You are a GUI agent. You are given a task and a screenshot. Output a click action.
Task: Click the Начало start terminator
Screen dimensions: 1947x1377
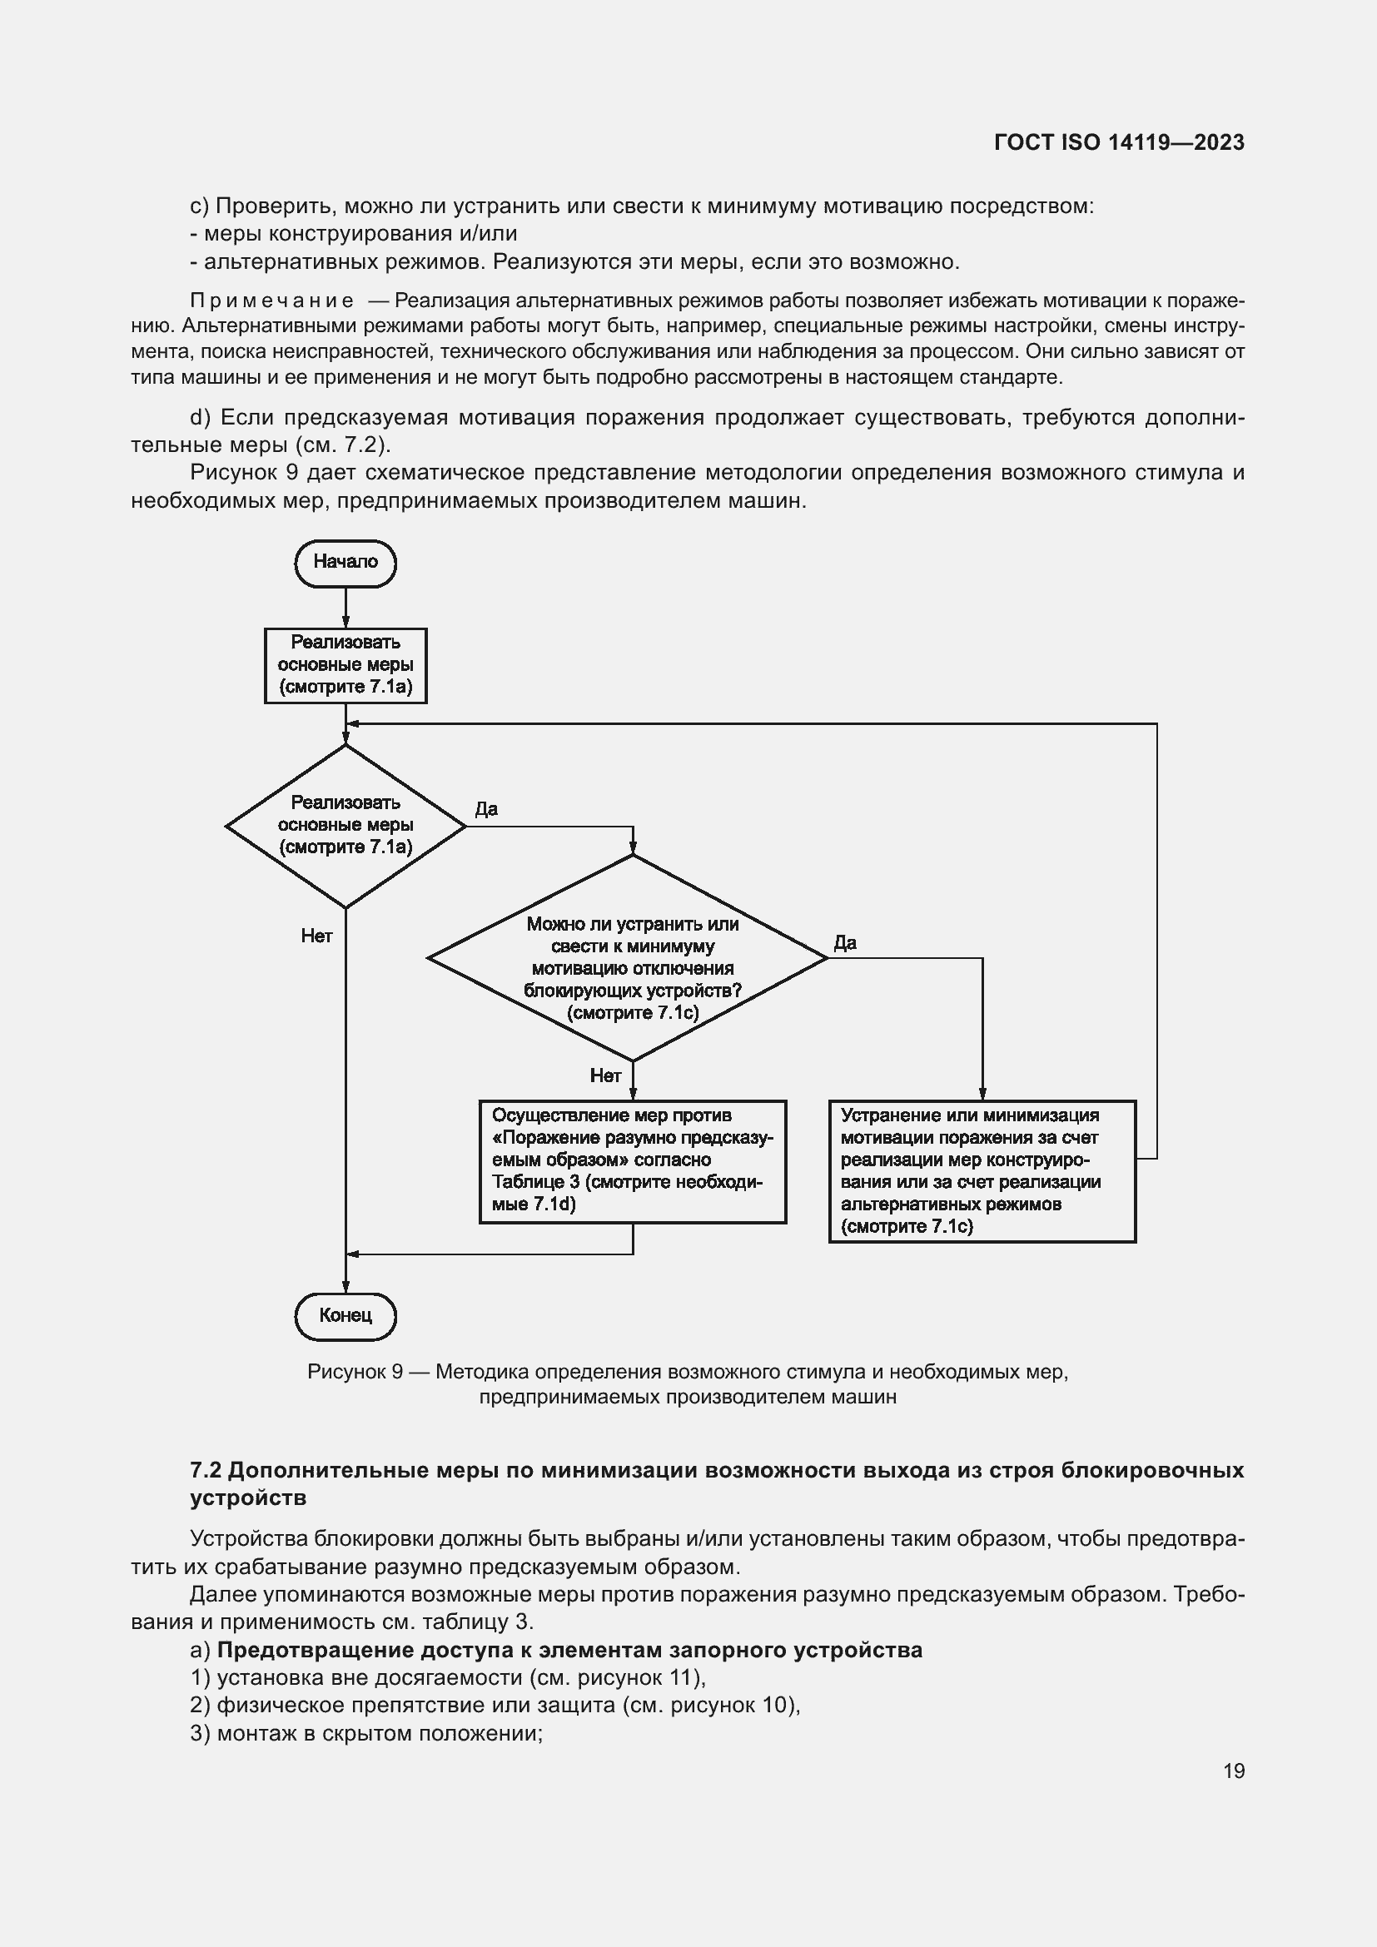[345, 562]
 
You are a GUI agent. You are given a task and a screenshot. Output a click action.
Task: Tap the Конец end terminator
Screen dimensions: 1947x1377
[345, 1315]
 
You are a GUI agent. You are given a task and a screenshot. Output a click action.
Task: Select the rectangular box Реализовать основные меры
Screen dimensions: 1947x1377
[345, 665]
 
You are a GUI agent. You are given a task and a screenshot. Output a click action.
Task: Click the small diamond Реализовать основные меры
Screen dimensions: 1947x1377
[345, 825]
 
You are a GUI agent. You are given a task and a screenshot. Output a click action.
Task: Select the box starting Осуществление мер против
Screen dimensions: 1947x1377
[633, 1161]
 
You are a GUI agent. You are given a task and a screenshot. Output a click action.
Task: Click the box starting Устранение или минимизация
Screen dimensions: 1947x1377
[982, 1171]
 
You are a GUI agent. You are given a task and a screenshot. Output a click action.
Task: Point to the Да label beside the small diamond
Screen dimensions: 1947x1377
[486, 809]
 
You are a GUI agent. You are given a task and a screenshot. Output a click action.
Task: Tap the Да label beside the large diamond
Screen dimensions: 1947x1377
[845, 943]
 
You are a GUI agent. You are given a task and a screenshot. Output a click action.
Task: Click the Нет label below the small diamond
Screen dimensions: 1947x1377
[316, 936]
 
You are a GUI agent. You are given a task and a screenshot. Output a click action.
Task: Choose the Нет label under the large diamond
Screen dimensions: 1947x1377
[605, 1076]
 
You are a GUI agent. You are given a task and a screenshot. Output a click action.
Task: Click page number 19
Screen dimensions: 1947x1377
[1234, 1771]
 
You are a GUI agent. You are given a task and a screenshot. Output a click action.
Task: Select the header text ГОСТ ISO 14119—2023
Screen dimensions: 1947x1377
[1119, 142]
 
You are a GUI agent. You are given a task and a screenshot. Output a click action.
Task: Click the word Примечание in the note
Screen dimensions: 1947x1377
[272, 301]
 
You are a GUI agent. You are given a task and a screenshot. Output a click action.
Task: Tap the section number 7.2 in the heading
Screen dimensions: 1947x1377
[205, 1469]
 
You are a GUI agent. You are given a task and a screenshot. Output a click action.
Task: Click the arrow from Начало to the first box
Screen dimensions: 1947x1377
[345, 607]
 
